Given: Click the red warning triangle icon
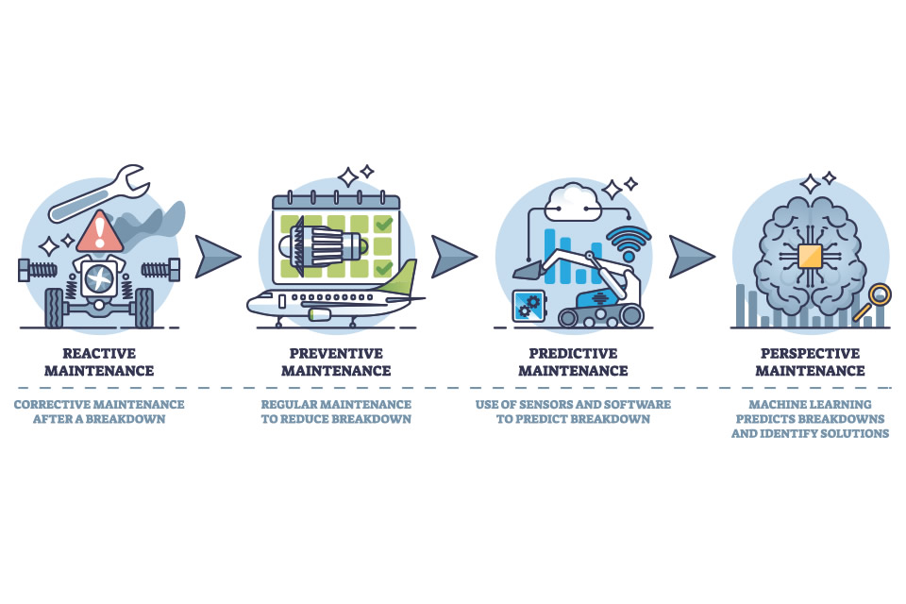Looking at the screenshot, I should coord(98,232).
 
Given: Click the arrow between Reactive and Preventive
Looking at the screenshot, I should coord(218,257).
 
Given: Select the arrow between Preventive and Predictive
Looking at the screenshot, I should coord(454,257).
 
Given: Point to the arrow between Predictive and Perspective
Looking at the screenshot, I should coord(692,257).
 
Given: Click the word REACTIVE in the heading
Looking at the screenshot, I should coord(99,354).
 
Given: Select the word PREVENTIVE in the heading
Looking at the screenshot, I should coord(336,354).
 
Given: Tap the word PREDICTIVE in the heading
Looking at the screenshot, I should coord(573,354).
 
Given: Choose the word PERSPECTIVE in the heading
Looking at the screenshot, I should coord(810,354).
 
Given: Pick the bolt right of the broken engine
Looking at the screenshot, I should coord(159,269).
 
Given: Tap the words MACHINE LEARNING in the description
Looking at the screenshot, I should coord(810,404).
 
